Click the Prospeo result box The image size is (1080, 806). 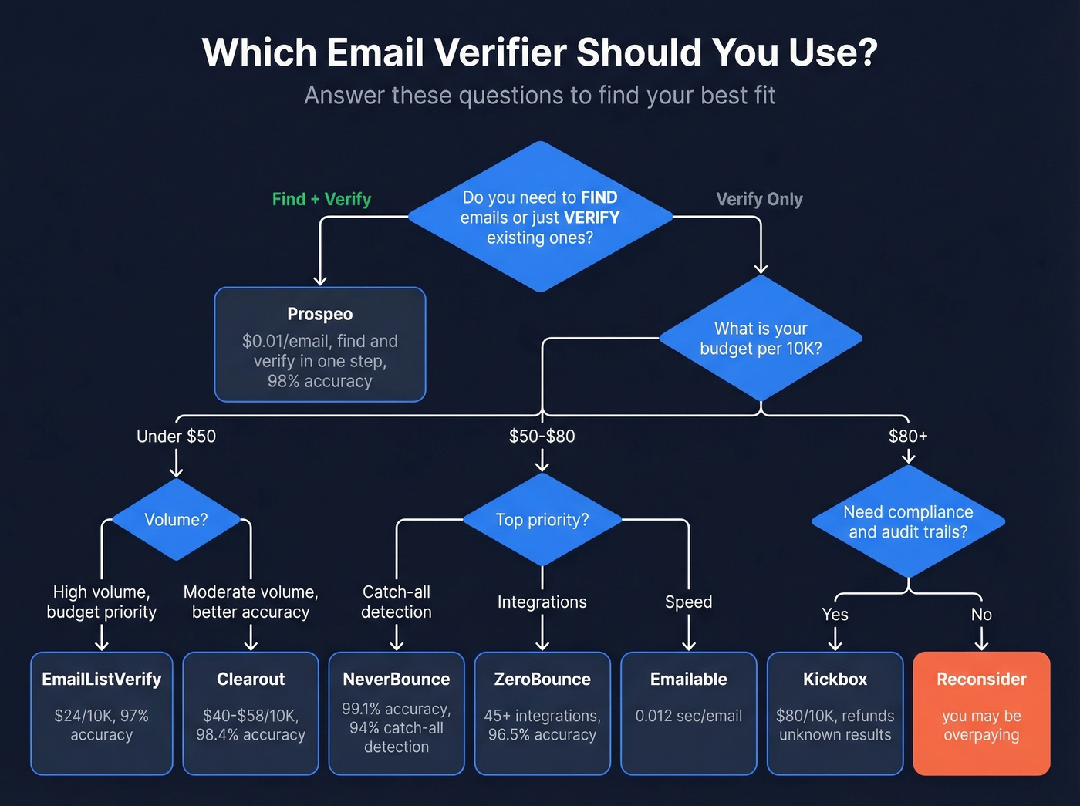coord(319,345)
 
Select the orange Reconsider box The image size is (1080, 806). coord(981,713)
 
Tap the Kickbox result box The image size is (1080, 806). coord(835,713)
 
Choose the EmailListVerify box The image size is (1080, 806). coord(102,713)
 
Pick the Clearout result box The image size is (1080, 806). coord(251,713)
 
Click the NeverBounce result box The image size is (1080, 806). coord(397,713)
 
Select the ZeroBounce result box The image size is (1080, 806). coord(542,713)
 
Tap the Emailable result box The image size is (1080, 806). coord(689,713)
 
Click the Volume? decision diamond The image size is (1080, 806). coord(177,520)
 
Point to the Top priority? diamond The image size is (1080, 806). coord(542,520)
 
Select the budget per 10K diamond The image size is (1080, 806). coord(761,339)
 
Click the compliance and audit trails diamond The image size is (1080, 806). coord(908,522)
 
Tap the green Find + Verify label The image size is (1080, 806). coord(322,199)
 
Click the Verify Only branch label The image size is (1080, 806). coord(759,199)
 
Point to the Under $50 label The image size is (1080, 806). coord(176,436)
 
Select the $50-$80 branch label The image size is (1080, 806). coord(542,436)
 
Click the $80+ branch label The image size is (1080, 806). coord(908,436)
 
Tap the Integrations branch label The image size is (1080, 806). coord(542,602)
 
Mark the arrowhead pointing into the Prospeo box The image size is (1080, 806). coord(320,281)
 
